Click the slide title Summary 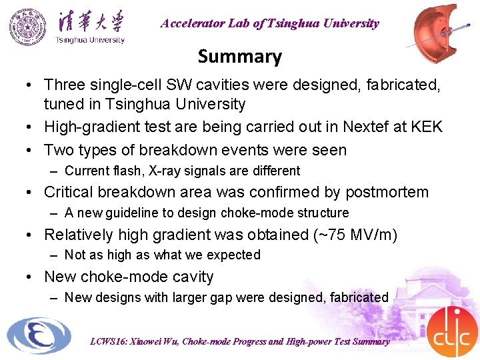[239, 57]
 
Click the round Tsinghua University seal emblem [28, 27]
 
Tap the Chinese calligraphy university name [90, 21]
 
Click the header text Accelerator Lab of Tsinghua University [269, 23]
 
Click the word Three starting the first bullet [64, 85]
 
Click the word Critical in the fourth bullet [69, 192]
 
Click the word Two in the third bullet [58, 150]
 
